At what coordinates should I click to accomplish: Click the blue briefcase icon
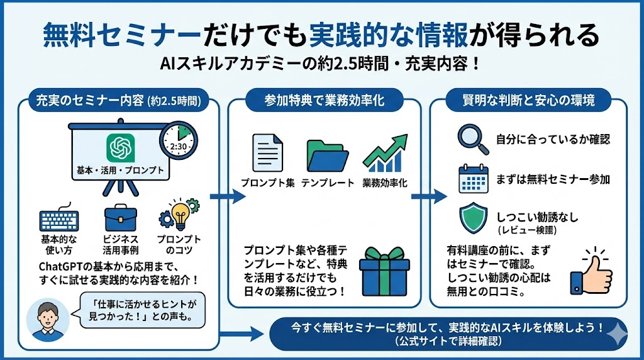[x=120, y=218]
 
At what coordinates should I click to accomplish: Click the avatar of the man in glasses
[x=44, y=320]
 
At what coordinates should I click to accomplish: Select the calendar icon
[x=470, y=179]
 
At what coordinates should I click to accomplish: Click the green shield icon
[x=471, y=217]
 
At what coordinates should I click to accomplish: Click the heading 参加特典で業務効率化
[x=325, y=100]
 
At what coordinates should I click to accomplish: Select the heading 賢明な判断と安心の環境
[x=528, y=100]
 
